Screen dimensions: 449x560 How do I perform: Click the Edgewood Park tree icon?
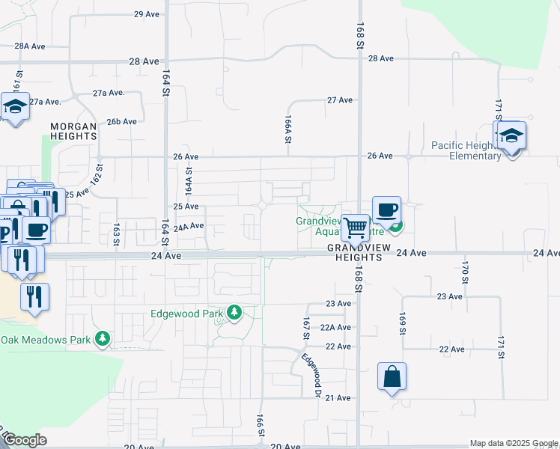(x=235, y=313)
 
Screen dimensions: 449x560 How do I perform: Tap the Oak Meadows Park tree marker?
(x=103, y=340)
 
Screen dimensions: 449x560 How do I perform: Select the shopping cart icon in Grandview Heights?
(x=355, y=226)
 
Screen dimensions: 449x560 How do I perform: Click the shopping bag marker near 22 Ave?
(x=392, y=377)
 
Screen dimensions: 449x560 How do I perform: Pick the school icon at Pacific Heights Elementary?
(x=512, y=137)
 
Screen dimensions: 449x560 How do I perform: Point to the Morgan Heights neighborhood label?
(x=73, y=132)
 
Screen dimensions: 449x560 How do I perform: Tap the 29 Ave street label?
(x=147, y=14)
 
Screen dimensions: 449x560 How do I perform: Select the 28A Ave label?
(x=31, y=46)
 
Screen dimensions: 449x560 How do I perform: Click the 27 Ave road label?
(x=339, y=100)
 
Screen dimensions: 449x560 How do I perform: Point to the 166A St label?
(x=287, y=129)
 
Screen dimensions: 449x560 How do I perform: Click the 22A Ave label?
(x=335, y=327)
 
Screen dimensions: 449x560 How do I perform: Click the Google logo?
(x=25, y=440)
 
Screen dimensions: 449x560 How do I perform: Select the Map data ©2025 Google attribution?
(x=513, y=443)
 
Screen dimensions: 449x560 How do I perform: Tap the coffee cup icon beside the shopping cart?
(x=386, y=210)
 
